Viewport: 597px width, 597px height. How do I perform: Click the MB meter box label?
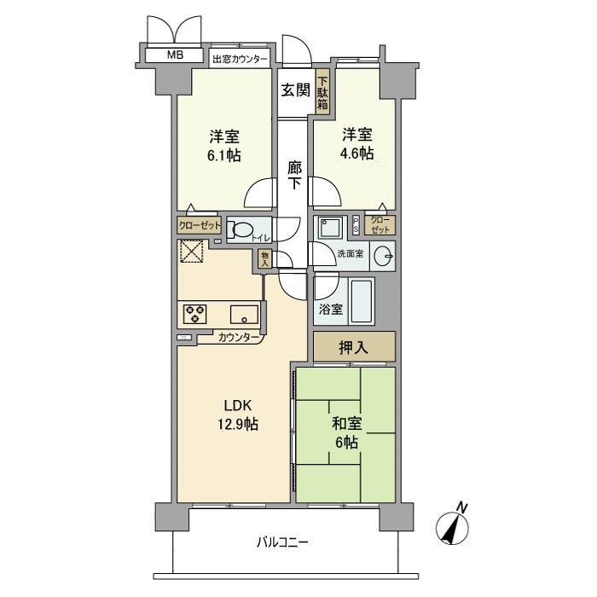[x=175, y=55]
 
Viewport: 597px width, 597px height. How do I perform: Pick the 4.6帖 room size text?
[x=357, y=154]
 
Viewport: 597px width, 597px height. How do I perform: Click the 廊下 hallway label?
[x=293, y=176]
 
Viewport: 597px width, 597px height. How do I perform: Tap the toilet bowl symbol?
[x=244, y=229]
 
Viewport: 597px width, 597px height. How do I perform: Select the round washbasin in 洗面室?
[x=383, y=254]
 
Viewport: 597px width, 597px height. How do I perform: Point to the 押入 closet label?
[x=353, y=347]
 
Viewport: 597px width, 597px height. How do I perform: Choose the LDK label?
[x=238, y=406]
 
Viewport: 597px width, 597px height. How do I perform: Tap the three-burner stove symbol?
[x=195, y=313]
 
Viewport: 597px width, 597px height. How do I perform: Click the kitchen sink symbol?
[x=243, y=313]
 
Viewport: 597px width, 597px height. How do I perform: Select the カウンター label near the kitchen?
[x=239, y=338]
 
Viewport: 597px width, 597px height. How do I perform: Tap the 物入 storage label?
[x=264, y=259]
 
